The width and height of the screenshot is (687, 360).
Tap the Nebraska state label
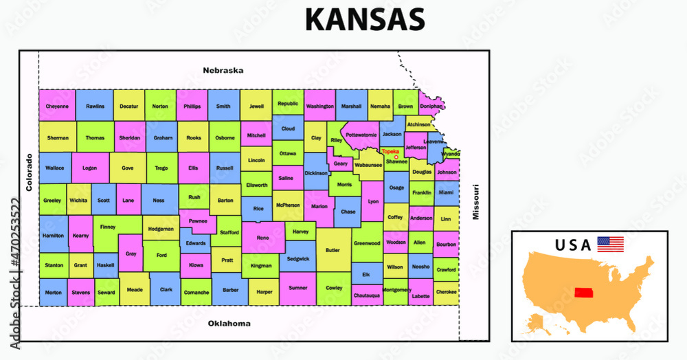tap(223, 70)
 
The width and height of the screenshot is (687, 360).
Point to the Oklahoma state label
tap(229, 323)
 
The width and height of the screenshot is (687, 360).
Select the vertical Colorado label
tap(30, 172)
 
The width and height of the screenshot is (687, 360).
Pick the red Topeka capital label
tap(390, 151)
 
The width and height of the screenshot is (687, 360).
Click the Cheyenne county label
tap(57, 106)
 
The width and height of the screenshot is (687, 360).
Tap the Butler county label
tap(333, 251)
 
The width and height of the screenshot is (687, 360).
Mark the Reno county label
tap(263, 238)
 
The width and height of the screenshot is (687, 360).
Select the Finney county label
tap(108, 227)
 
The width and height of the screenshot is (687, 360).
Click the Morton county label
tap(53, 291)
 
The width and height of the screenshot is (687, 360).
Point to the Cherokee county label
tap(447, 291)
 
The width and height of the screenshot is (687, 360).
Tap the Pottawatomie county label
tap(361, 135)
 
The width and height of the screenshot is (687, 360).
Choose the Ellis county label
tap(193, 167)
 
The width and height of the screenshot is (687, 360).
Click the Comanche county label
tap(196, 292)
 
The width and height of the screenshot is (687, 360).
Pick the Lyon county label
tap(373, 201)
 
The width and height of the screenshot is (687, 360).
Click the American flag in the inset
tap(610, 244)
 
